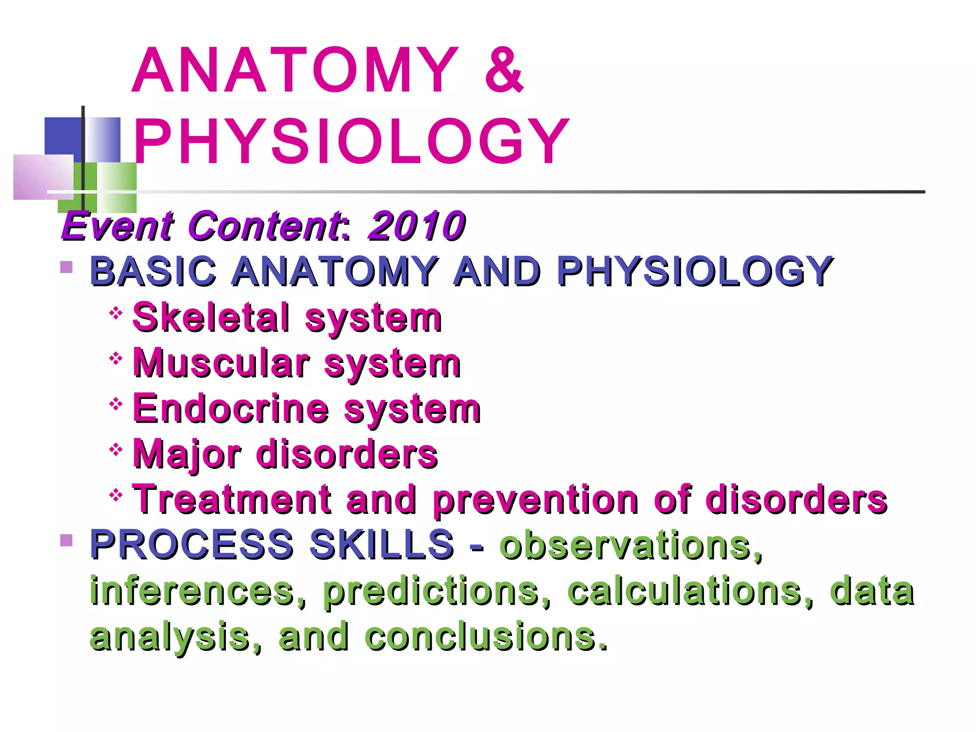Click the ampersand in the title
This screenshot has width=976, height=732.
click(x=504, y=71)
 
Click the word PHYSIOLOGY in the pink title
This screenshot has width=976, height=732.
click(x=351, y=142)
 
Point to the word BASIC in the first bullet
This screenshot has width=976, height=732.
click(x=153, y=271)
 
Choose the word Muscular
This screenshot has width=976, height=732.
click(x=221, y=363)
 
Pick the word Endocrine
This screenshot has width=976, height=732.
click(x=231, y=408)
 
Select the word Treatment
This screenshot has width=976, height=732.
click(x=232, y=499)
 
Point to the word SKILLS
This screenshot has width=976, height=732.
click(x=381, y=544)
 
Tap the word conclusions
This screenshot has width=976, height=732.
click(x=486, y=637)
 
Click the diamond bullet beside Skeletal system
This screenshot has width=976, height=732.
click(x=116, y=313)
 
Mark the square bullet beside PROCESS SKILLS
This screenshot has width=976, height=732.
click(x=67, y=540)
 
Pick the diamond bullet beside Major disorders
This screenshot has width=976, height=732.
click(x=116, y=449)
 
